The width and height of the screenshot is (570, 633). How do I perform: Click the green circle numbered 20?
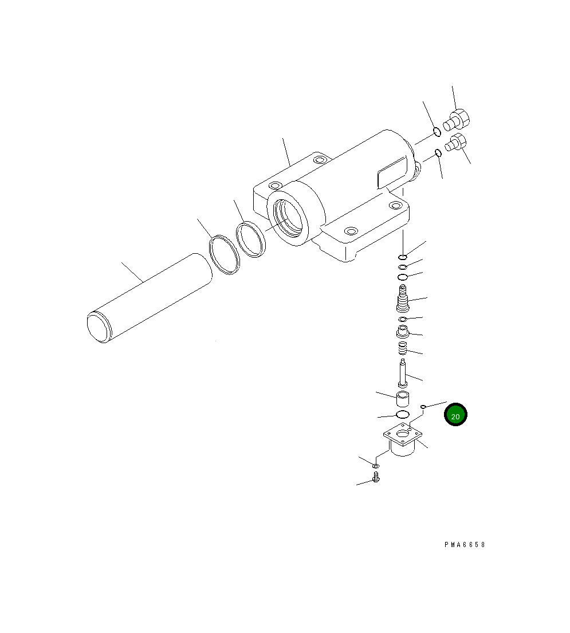455,416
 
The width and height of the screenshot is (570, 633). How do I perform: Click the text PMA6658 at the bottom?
464,545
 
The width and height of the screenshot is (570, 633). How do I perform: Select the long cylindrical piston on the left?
149,298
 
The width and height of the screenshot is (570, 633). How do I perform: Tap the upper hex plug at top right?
458,120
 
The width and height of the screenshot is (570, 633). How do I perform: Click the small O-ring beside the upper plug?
437,132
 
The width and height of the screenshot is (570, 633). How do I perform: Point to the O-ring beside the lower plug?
437,153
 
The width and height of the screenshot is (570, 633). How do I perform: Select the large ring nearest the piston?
224,255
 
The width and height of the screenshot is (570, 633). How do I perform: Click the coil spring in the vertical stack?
403,348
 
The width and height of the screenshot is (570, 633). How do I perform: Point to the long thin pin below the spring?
403,373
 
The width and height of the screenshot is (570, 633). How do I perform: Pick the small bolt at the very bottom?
376,477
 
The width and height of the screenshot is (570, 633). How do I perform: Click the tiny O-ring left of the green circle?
423,407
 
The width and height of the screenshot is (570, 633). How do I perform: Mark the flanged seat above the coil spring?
403,331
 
